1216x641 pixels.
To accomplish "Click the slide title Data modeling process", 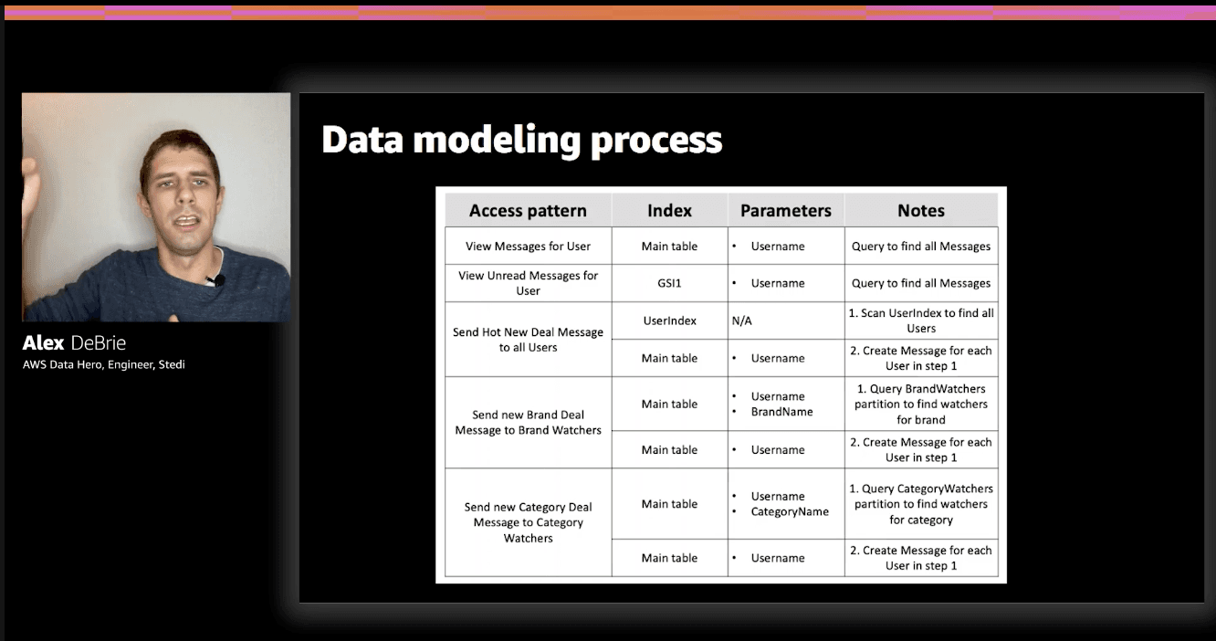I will click(x=521, y=141).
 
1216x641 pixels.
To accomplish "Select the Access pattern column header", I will click(x=528, y=211).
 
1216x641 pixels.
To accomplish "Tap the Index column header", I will click(x=669, y=211).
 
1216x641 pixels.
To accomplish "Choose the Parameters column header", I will click(x=785, y=211).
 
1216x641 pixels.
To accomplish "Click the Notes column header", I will click(x=920, y=211).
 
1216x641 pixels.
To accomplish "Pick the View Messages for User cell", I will click(x=528, y=247).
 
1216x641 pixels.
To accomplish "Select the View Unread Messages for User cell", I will click(x=528, y=283).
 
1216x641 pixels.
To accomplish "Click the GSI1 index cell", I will click(x=669, y=283).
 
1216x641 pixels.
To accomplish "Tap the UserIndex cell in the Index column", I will click(x=669, y=320).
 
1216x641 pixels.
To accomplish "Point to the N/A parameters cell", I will click(x=741, y=321).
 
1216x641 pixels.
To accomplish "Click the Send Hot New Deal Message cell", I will click(x=528, y=340).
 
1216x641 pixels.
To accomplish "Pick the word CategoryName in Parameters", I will click(x=790, y=511).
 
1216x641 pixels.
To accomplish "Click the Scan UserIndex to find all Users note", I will click(x=920, y=320).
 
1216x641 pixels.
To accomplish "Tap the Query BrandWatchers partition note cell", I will click(x=920, y=404).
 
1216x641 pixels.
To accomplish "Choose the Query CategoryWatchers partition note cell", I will click(x=920, y=504).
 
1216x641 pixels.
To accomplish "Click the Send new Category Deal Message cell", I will click(x=528, y=522).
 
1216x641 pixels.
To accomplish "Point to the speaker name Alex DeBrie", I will click(x=74, y=343).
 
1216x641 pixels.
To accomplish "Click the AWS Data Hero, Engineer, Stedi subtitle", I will click(x=104, y=365).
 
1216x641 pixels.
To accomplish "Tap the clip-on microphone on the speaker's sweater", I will click(x=217, y=280).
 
